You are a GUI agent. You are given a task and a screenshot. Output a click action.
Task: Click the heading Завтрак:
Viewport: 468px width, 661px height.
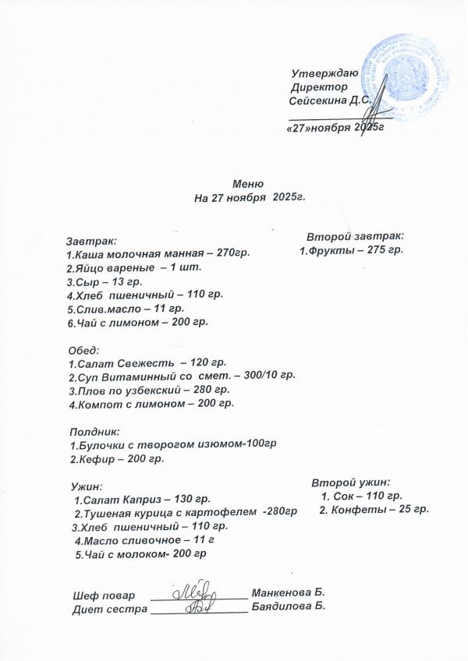(x=92, y=242)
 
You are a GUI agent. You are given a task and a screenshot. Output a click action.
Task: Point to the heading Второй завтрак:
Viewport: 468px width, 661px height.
(x=354, y=236)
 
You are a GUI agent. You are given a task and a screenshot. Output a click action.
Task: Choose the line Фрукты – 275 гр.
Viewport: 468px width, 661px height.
(x=352, y=250)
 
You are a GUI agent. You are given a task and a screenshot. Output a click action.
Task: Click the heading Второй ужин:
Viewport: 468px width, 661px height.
(x=350, y=482)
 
